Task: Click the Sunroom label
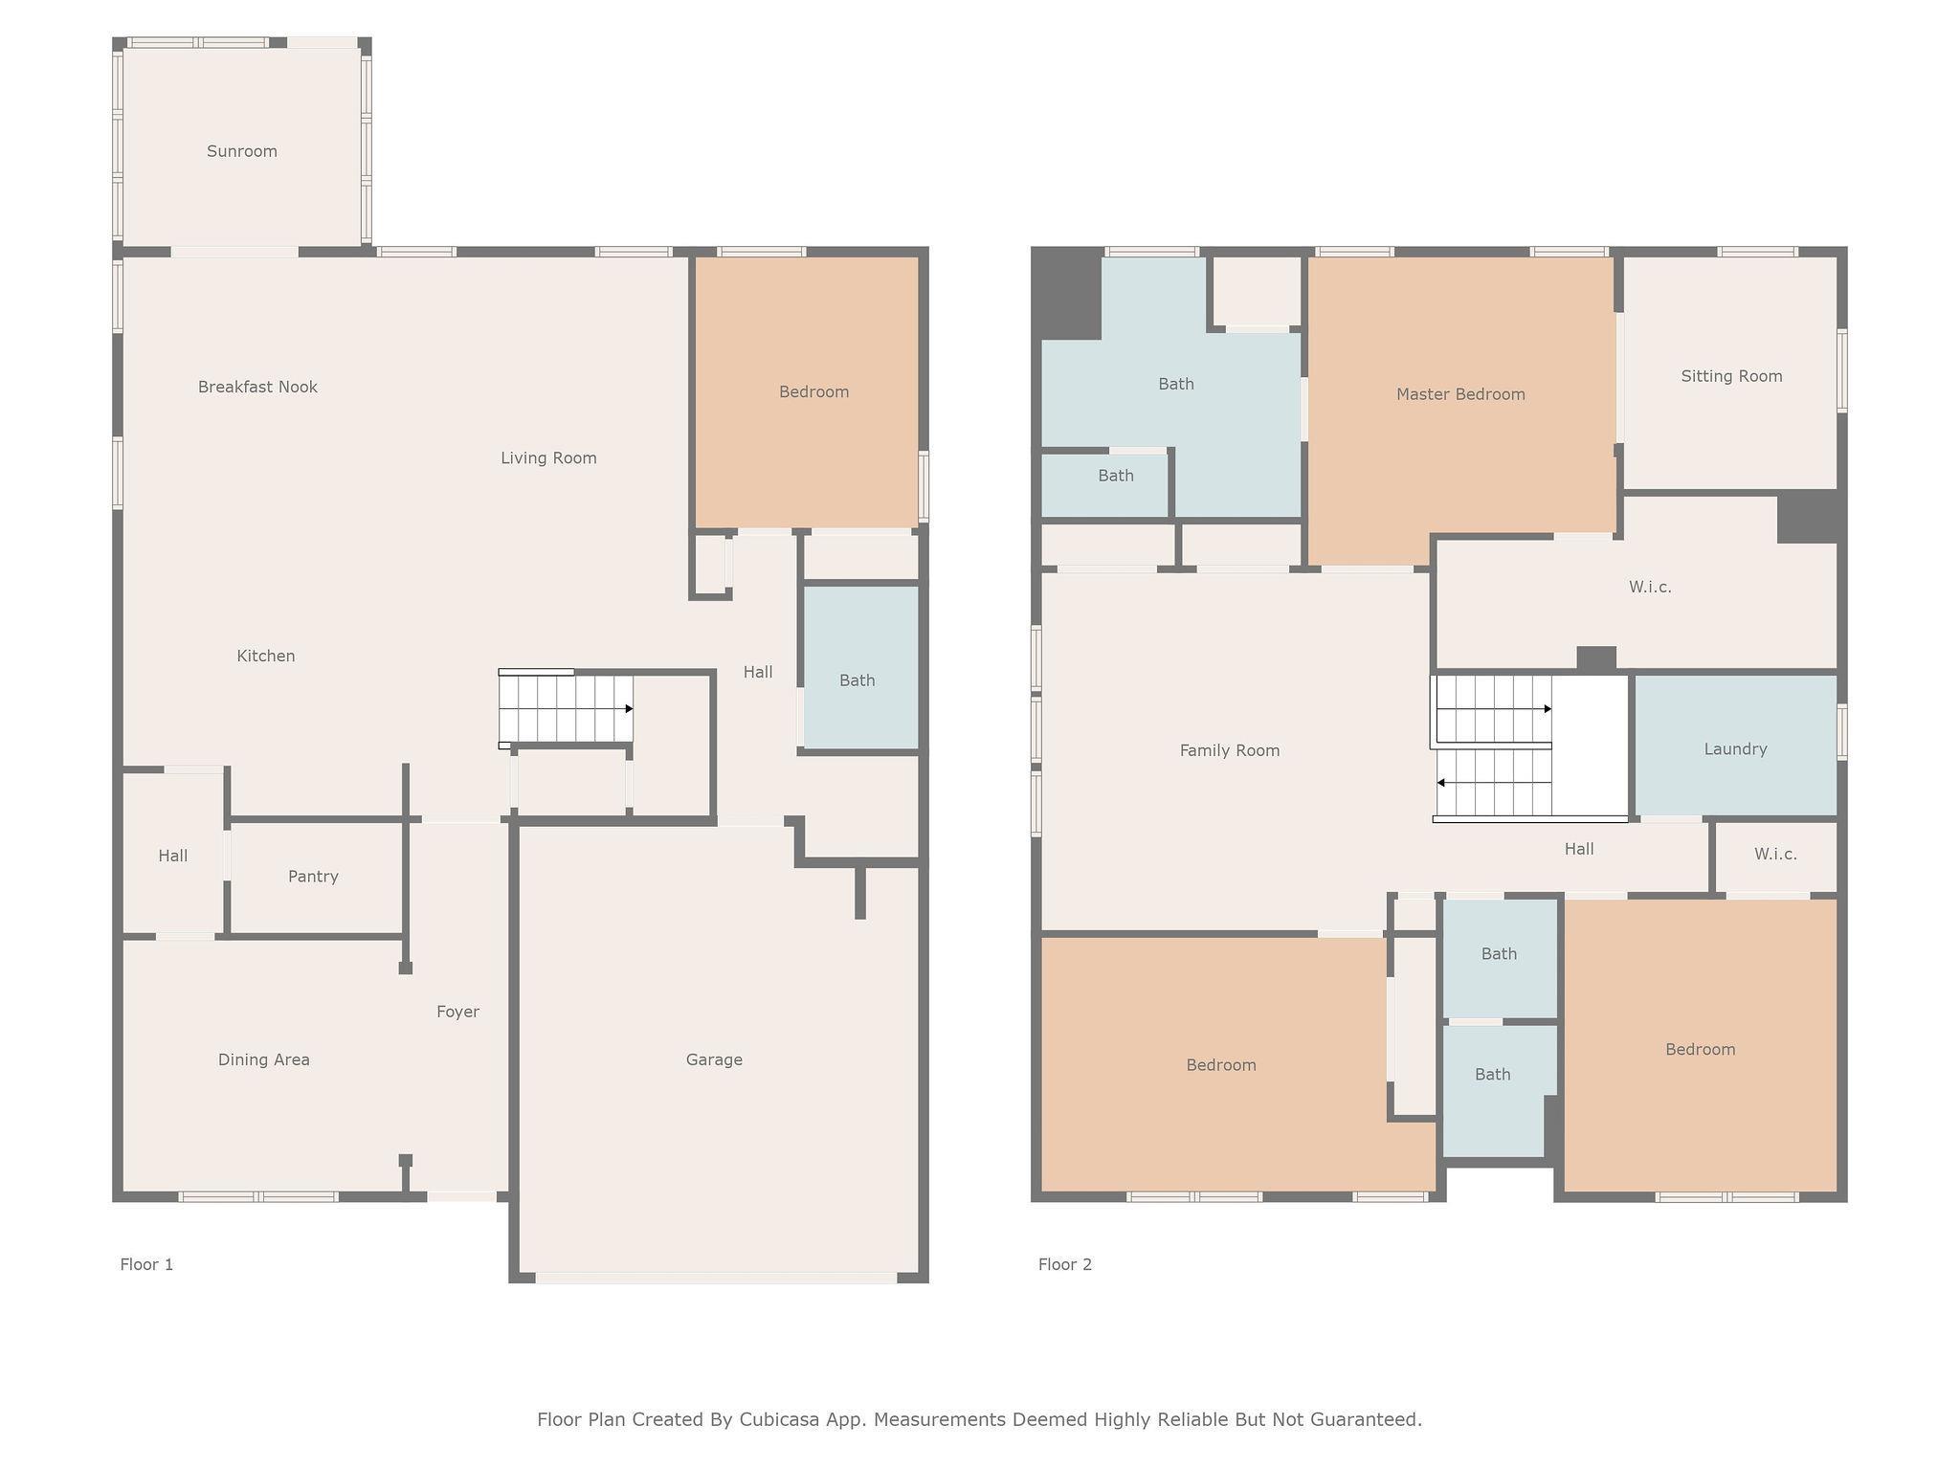(x=242, y=151)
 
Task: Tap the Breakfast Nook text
(x=257, y=387)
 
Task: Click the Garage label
(x=714, y=1059)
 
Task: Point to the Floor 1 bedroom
(x=807, y=391)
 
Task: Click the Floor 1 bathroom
(x=860, y=667)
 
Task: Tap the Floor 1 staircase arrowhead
(x=629, y=709)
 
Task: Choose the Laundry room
(x=1736, y=746)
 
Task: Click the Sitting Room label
(x=1731, y=376)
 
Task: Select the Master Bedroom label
(x=1460, y=394)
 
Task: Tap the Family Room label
(x=1230, y=750)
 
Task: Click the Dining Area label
(x=263, y=1059)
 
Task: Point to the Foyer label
(x=457, y=1012)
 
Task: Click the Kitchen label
(x=266, y=656)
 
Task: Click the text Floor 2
(x=1065, y=1264)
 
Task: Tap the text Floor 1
(x=146, y=1264)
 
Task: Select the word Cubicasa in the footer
(x=778, y=1419)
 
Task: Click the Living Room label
(x=548, y=457)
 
